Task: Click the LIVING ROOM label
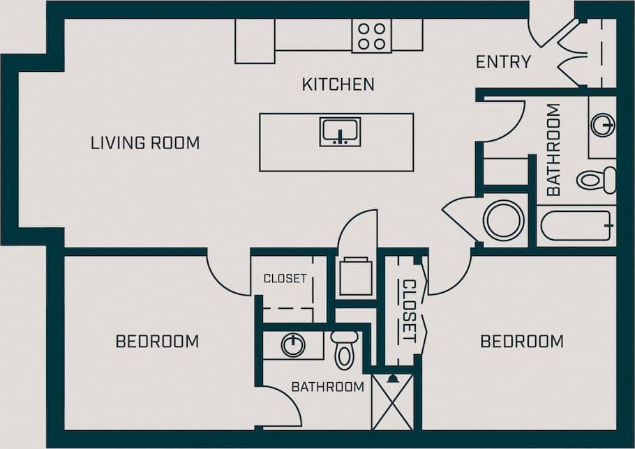[145, 143]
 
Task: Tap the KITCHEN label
[338, 84]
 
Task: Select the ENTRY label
[503, 62]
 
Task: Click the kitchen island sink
[340, 131]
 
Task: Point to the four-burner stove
[371, 35]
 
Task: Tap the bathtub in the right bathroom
[576, 225]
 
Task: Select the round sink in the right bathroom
[602, 125]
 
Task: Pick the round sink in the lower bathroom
[293, 344]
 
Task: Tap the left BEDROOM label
[157, 342]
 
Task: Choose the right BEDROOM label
[522, 342]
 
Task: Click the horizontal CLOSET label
[285, 278]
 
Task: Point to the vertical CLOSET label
[409, 310]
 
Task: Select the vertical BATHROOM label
[553, 149]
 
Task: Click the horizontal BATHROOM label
[327, 386]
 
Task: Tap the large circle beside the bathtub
[504, 220]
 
